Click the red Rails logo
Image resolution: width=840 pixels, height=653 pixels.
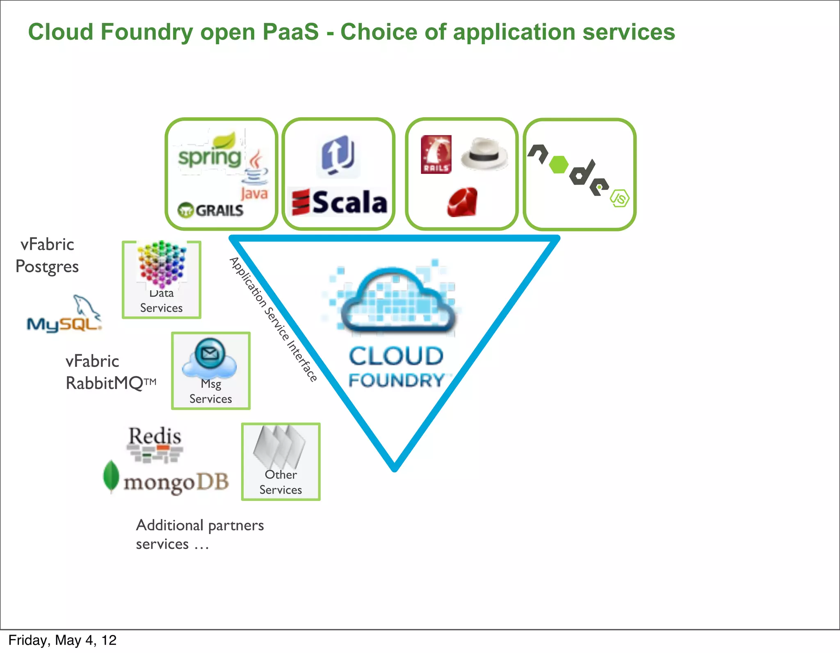436,155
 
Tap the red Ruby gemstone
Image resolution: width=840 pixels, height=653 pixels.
462,202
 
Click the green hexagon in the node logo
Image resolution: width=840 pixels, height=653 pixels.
558,165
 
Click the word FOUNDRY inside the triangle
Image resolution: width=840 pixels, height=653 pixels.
396,380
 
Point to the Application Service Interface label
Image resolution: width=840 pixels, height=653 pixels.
273,320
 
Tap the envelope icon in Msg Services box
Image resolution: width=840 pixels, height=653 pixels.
210,353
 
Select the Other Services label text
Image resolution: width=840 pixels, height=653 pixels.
281,482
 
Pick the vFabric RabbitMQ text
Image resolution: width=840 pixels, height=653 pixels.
110,372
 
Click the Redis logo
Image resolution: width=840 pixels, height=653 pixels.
155,444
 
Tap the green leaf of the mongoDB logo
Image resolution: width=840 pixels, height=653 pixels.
111,476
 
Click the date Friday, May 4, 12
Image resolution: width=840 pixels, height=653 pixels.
62,640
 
